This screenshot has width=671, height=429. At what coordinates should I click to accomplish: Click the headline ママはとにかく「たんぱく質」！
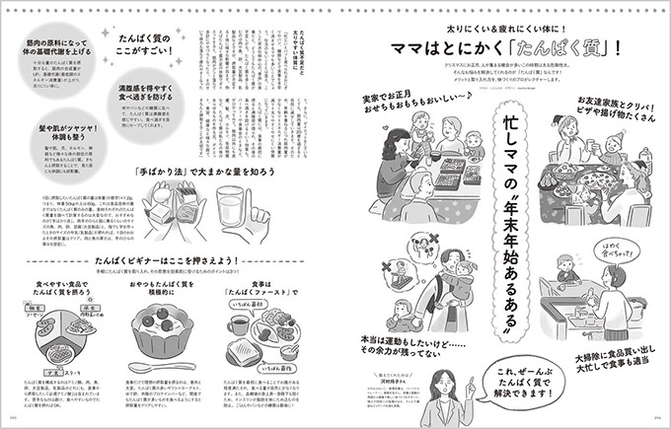pos(504,46)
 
